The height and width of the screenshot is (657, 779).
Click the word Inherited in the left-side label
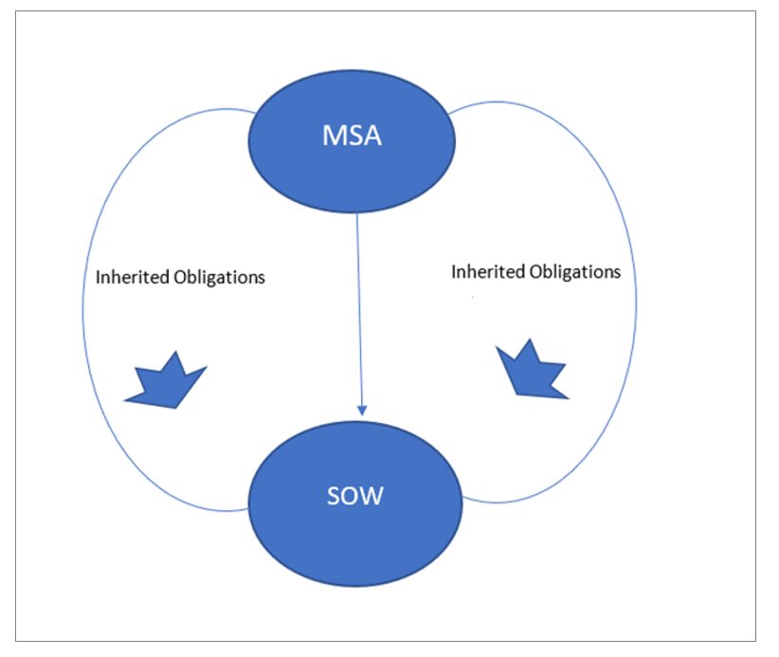click(134, 278)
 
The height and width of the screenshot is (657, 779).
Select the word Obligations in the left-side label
click(220, 278)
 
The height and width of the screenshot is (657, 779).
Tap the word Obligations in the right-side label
click(575, 271)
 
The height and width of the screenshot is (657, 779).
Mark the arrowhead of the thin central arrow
click(360, 409)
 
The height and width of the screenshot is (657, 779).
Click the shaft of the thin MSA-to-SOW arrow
click(358, 303)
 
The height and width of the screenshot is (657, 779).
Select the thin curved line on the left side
click(83, 313)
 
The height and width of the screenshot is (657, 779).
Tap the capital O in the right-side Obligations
click(535, 271)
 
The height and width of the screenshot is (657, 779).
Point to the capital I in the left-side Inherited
click(100, 278)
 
